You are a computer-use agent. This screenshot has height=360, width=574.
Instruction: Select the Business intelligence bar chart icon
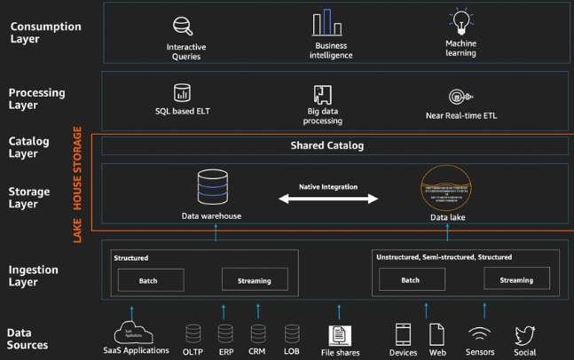(327, 23)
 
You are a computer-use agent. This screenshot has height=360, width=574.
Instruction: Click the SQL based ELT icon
(183, 92)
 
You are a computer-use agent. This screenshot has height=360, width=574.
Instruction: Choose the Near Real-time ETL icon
(459, 97)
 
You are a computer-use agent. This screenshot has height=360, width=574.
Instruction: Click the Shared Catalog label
(327, 145)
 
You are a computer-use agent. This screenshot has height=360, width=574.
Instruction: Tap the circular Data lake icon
(447, 188)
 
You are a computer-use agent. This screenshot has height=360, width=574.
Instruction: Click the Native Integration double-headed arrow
(327, 200)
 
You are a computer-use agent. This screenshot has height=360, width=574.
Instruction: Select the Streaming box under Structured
(254, 280)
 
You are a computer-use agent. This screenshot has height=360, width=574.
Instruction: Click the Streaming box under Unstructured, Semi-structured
(516, 279)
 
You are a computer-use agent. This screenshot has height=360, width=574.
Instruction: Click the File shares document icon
(338, 335)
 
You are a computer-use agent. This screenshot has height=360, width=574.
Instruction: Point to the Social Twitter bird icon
(525, 334)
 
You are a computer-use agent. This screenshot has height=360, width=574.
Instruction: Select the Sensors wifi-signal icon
(481, 334)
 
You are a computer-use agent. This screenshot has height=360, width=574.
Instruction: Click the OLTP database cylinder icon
(193, 334)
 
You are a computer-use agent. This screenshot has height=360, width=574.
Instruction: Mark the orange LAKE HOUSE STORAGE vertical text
(78, 184)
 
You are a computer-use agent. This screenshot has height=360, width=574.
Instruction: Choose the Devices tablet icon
(404, 334)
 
